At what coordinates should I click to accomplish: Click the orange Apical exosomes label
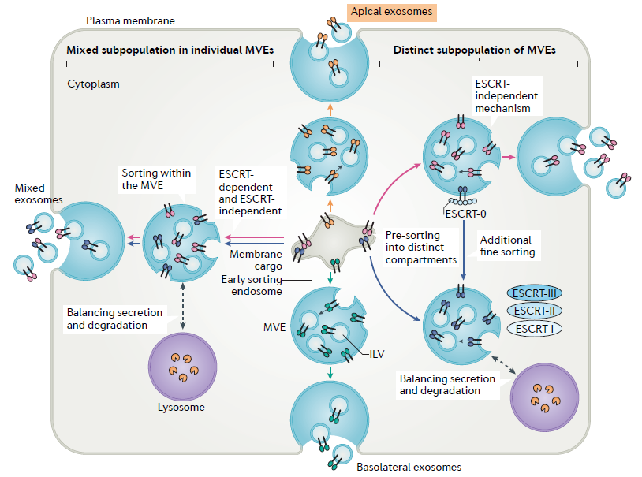tap(391, 12)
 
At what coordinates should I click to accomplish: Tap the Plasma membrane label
tap(130, 20)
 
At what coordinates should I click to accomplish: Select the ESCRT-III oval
tap(534, 293)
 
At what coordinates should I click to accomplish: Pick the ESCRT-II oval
tap(534, 311)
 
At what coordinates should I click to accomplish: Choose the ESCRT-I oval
tap(534, 328)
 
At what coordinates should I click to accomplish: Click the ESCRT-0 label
tap(465, 214)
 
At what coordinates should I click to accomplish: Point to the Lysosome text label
tap(181, 407)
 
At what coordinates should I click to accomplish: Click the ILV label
tap(377, 354)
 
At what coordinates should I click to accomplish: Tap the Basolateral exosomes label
tap(409, 467)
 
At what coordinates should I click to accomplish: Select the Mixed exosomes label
tap(39, 194)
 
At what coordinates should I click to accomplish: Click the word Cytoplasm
tap(93, 84)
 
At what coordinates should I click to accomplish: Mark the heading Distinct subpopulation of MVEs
tap(474, 50)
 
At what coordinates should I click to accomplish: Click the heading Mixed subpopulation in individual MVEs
tap(170, 50)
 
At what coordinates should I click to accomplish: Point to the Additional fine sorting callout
tap(508, 246)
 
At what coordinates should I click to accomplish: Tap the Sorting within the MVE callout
tap(156, 179)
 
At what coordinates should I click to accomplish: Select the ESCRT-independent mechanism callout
tap(506, 96)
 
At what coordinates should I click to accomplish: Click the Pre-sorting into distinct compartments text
tap(421, 248)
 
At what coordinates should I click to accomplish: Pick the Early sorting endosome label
tap(252, 285)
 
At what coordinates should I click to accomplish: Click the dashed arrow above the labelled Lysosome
tap(183, 306)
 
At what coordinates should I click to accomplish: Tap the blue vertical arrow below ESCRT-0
tap(464, 250)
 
